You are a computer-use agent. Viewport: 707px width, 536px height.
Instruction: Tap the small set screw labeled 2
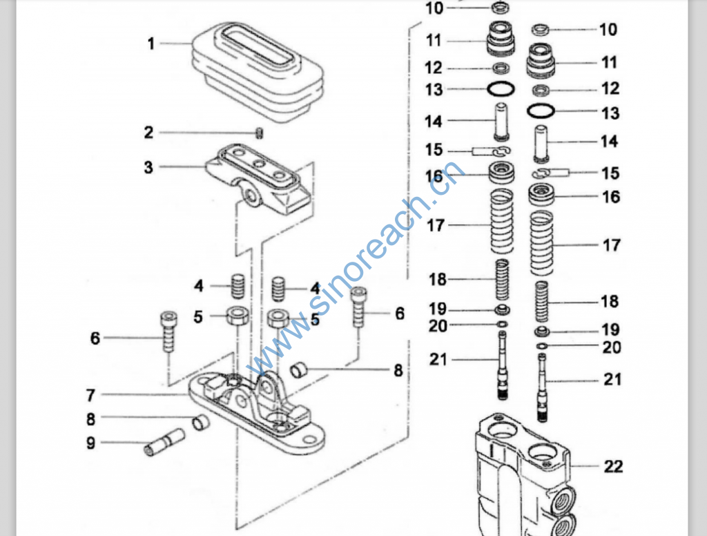click(x=260, y=133)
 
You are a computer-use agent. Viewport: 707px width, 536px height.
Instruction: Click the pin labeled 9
click(x=164, y=441)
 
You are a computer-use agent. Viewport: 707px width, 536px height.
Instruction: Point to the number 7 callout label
click(x=90, y=395)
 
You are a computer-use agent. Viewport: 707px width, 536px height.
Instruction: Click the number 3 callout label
click(x=148, y=167)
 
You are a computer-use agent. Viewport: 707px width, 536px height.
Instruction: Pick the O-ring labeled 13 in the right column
click(x=541, y=111)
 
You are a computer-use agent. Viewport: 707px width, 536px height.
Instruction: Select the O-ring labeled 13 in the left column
click(x=501, y=88)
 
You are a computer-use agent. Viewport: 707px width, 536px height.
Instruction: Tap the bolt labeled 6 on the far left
click(x=168, y=332)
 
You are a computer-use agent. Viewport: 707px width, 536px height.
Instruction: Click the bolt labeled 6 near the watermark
click(x=358, y=307)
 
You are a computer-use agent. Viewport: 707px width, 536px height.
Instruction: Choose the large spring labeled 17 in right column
click(x=541, y=243)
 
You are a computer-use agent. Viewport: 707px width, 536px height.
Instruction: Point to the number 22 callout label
click(x=613, y=466)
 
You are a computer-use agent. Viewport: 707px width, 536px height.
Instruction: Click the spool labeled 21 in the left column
click(x=503, y=365)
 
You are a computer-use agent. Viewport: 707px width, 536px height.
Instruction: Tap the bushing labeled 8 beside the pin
click(x=201, y=423)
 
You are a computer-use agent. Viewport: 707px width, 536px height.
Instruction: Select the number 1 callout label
click(x=151, y=44)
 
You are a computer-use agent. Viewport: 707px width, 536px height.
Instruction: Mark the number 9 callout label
click(x=90, y=443)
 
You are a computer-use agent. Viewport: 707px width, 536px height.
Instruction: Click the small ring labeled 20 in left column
click(x=503, y=324)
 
